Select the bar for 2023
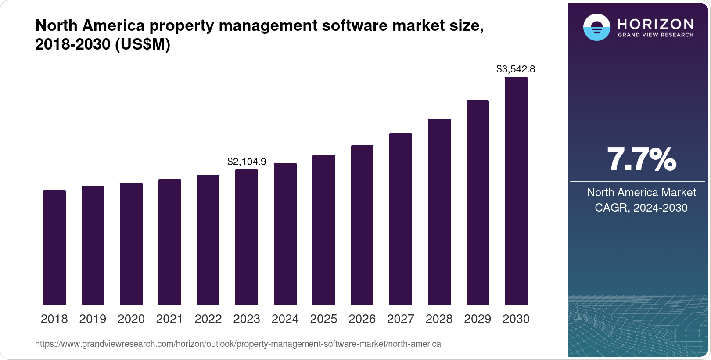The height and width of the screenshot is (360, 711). pyautogui.click(x=247, y=237)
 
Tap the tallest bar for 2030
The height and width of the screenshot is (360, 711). pyautogui.click(x=516, y=191)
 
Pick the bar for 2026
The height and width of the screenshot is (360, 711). pyautogui.click(x=362, y=225)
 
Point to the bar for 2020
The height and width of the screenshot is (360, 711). pyautogui.click(x=131, y=244)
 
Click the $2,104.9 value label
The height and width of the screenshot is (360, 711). pyautogui.click(x=247, y=162)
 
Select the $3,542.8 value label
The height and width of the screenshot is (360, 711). pyautogui.click(x=516, y=69)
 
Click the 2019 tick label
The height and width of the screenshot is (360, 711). pyautogui.click(x=93, y=319)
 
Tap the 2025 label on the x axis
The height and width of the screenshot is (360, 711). pyautogui.click(x=323, y=319)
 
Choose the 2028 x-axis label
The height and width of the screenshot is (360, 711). pyautogui.click(x=439, y=319)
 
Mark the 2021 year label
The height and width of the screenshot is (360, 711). pyautogui.click(x=169, y=319)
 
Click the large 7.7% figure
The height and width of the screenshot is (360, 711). pyautogui.click(x=641, y=160)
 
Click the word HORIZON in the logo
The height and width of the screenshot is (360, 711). pyautogui.click(x=656, y=24)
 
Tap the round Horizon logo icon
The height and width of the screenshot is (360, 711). pyautogui.click(x=596, y=27)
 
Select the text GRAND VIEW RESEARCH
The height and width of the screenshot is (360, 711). pyautogui.click(x=656, y=35)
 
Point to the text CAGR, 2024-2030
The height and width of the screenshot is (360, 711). pyautogui.click(x=641, y=208)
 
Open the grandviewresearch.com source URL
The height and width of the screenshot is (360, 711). pyautogui.click(x=238, y=344)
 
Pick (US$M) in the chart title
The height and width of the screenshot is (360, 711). pyautogui.click(x=142, y=44)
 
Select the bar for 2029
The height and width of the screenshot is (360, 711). pyautogui.click(x=478, y=202)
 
